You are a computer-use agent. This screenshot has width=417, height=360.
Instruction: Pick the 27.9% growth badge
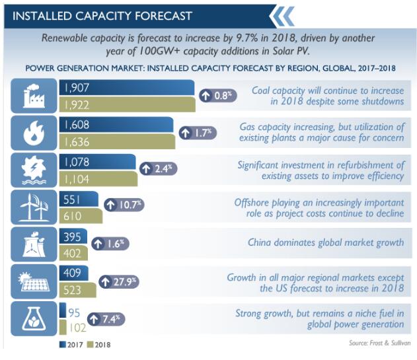119,281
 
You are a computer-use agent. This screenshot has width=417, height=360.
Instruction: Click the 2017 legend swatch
61,344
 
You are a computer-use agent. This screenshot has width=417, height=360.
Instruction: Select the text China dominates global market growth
325,242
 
